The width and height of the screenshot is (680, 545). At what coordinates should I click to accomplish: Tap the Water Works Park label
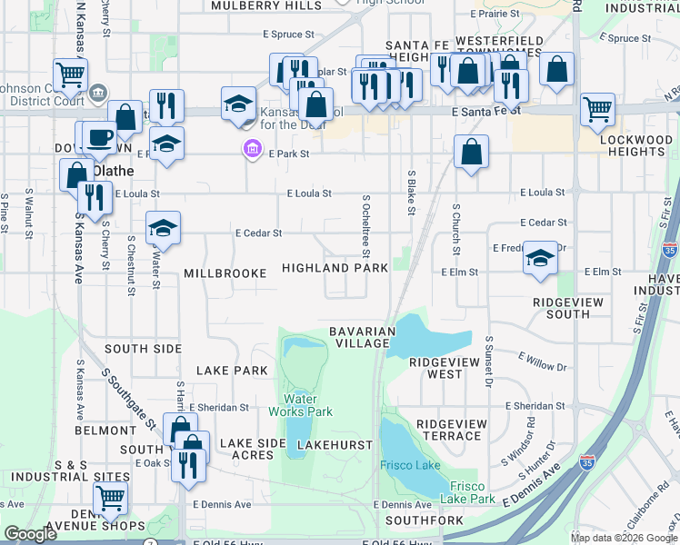[x=300, y=405]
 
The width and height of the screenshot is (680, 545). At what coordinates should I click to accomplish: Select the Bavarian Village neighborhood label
[x=361, y=337]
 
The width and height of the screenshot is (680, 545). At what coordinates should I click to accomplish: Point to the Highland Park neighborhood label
[x=335, y=268]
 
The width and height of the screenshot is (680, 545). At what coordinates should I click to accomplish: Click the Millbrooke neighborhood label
[x=225, y=272]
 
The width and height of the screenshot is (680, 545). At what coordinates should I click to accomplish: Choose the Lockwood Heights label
[x=642, y=145]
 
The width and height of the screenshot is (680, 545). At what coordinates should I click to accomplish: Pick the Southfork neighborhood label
[x=424, y=520]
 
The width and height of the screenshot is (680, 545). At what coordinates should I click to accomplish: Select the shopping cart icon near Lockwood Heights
[x=597, y=109]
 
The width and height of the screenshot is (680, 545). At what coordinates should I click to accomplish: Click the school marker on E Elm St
[x=540, y=258]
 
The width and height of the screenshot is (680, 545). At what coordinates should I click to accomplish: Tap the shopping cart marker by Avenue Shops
[x=110, y=497]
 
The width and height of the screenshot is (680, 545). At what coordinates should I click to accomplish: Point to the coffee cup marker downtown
[x=99, y=137]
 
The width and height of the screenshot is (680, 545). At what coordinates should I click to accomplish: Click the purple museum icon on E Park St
[x=249, y=148]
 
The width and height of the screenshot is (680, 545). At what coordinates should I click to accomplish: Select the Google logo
[x=30, y=534]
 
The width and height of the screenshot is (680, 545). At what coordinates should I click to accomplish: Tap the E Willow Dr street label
[x=542, y=362]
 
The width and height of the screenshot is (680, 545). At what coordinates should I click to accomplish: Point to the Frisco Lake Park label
[x=467, y=491]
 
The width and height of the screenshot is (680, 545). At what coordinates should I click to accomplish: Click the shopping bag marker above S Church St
[x=471, y=152]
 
